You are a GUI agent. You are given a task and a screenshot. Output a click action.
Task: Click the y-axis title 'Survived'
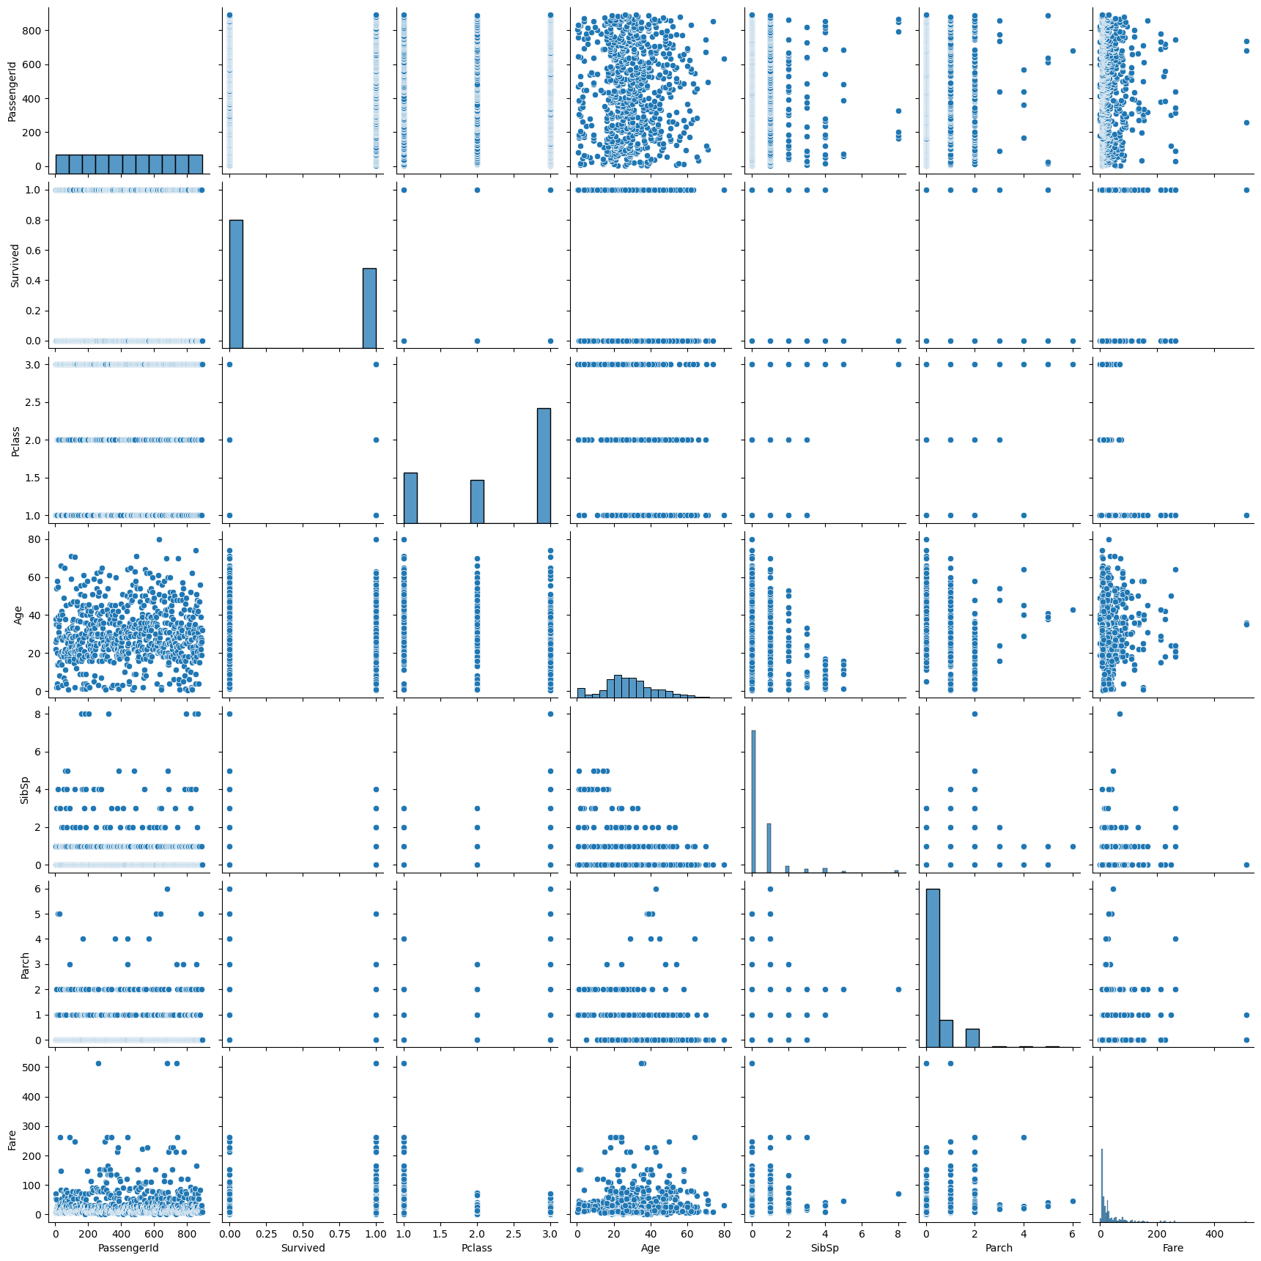tap(15, 265)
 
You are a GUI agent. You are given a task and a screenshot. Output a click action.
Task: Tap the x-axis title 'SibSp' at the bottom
tap(824, 1248)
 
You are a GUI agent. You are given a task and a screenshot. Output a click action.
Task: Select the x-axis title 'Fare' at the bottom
tap(1172, 1248)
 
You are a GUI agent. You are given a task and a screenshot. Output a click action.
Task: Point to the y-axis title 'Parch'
tap(25, 965)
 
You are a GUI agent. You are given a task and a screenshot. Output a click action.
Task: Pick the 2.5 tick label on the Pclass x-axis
tap(514, 1234)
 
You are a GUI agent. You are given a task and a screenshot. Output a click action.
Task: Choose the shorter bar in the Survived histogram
tap(369, 308)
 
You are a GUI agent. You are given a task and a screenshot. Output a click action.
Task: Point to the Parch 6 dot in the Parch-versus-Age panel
tap(656, 889)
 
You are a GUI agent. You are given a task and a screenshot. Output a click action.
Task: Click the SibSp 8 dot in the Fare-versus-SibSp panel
tap(898, 1194)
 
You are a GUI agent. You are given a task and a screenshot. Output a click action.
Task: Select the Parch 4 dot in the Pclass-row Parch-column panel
tap(1024, 515)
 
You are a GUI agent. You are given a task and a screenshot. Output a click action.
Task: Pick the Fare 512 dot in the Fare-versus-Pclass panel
tap(404, 1063)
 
